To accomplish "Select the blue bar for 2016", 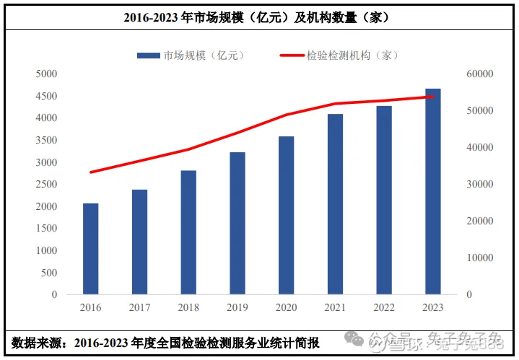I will (x=90, y=249).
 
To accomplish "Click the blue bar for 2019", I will (x=237, y=224).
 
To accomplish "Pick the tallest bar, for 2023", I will (x=433, y=191).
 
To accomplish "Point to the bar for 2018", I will (x=188, y=232).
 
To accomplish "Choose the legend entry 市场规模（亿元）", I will (x=191, y=55).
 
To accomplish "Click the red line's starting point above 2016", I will (x=91, y=172).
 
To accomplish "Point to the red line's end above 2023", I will (x=433, y=97).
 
